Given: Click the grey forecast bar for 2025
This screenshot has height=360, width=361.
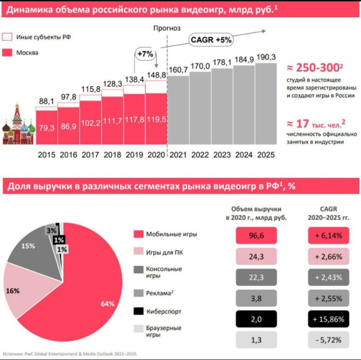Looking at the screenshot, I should click(x=265, y=104).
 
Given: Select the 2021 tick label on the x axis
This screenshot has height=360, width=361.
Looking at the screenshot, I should click(x=178, y=155).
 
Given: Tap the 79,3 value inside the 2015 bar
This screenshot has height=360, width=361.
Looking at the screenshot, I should click(x=46, y=127).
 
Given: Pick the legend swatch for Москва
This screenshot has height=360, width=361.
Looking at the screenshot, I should click(x=7, y=52).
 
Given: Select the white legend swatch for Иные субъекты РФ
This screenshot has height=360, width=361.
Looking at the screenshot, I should click(x=7, y=37).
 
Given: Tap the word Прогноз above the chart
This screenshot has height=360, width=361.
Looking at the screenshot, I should click(x=167, y=28).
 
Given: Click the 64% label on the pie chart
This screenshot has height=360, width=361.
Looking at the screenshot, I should click(x=107, y=304).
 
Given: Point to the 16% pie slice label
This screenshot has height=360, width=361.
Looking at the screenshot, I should click(x=13, y=291).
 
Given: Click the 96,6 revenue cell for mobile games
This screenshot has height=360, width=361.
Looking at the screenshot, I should click(x=256, y=236).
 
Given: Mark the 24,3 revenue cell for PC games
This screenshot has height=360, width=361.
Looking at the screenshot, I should click(x=256, y=257).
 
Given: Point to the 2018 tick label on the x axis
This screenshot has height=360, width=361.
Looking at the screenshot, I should click(x=112, y=155).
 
